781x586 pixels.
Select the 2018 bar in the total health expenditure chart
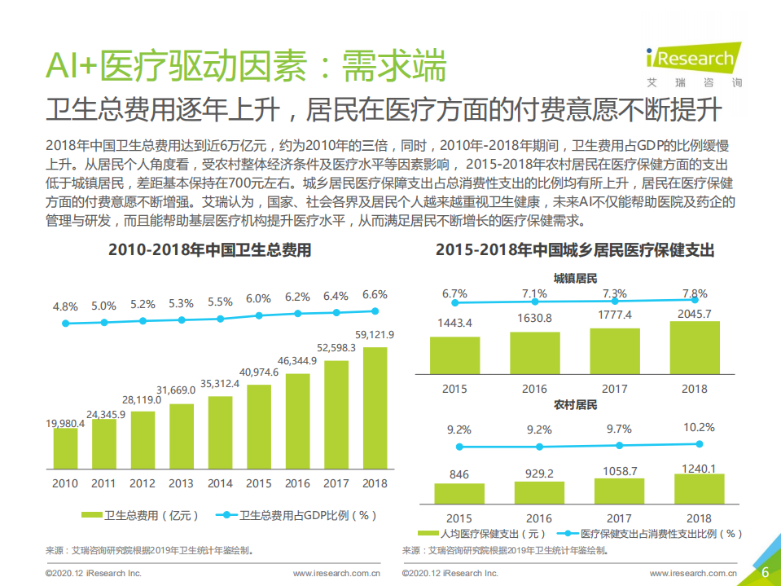(x=375, y=408)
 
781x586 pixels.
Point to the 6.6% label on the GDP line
(x=375, y=294)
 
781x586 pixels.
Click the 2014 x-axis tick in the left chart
(x=220, y=483)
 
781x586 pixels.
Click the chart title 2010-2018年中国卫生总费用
(x=209, y=251)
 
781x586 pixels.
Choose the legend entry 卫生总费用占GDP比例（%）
(x=297, y=515)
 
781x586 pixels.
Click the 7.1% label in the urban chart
(x=534, y=293)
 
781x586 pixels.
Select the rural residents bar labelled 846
(x=459, y=493)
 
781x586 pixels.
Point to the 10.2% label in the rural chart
(x=699, y=427)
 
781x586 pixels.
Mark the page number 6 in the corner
(x=765, y=571)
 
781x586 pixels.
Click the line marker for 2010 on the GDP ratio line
(x=65, y=324)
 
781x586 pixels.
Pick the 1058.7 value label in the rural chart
(x=619, y=471)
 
